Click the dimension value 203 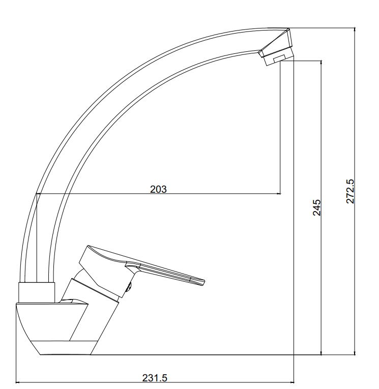pos(158,189)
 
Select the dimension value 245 pos(317,207)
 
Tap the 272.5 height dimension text pos(350,191)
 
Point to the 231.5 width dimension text pos(155,378)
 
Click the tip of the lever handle pos(204,283)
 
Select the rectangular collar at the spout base pos(37,292)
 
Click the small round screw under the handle pos(129,287)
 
